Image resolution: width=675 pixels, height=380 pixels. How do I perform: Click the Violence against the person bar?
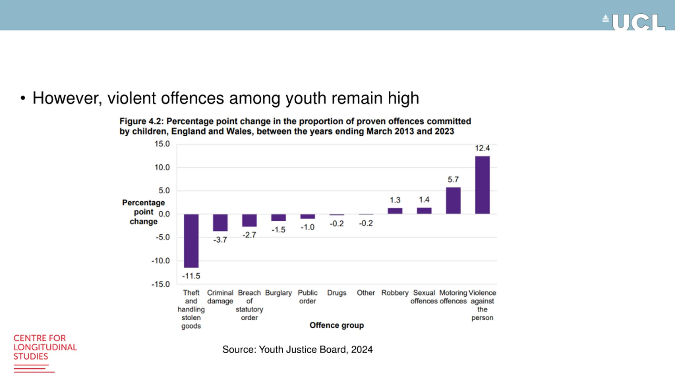point(482,185)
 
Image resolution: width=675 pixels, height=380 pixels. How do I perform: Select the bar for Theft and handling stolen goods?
point(191,241)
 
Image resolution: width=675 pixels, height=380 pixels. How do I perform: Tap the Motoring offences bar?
point(453,201)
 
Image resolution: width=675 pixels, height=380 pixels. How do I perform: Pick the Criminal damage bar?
point(220,222)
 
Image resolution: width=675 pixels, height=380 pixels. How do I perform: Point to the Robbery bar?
point(395,211)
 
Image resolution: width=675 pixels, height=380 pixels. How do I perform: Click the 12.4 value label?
point(482,148)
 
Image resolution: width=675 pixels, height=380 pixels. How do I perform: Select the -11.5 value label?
point(191,276)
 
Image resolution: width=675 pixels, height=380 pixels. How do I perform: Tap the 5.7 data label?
point(453,180)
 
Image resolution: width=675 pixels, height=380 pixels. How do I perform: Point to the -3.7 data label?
point(220,240)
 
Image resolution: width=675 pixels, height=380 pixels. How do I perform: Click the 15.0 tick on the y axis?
point(162,144)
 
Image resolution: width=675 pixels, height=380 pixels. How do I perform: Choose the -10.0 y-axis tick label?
point(161,261)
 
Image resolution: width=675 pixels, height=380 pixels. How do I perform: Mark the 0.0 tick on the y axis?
point(164,214)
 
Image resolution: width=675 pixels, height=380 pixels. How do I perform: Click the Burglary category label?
point(278,293)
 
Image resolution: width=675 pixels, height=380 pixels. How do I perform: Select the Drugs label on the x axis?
point(337,293)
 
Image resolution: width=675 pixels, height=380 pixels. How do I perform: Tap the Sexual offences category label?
point(424,297)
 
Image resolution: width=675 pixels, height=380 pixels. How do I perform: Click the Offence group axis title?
point(337,325)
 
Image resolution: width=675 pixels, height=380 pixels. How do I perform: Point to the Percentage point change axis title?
point(143,212)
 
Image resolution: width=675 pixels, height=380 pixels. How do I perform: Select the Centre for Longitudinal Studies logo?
point(45,352)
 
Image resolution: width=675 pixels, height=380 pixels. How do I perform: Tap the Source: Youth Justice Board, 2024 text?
point(297,350)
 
